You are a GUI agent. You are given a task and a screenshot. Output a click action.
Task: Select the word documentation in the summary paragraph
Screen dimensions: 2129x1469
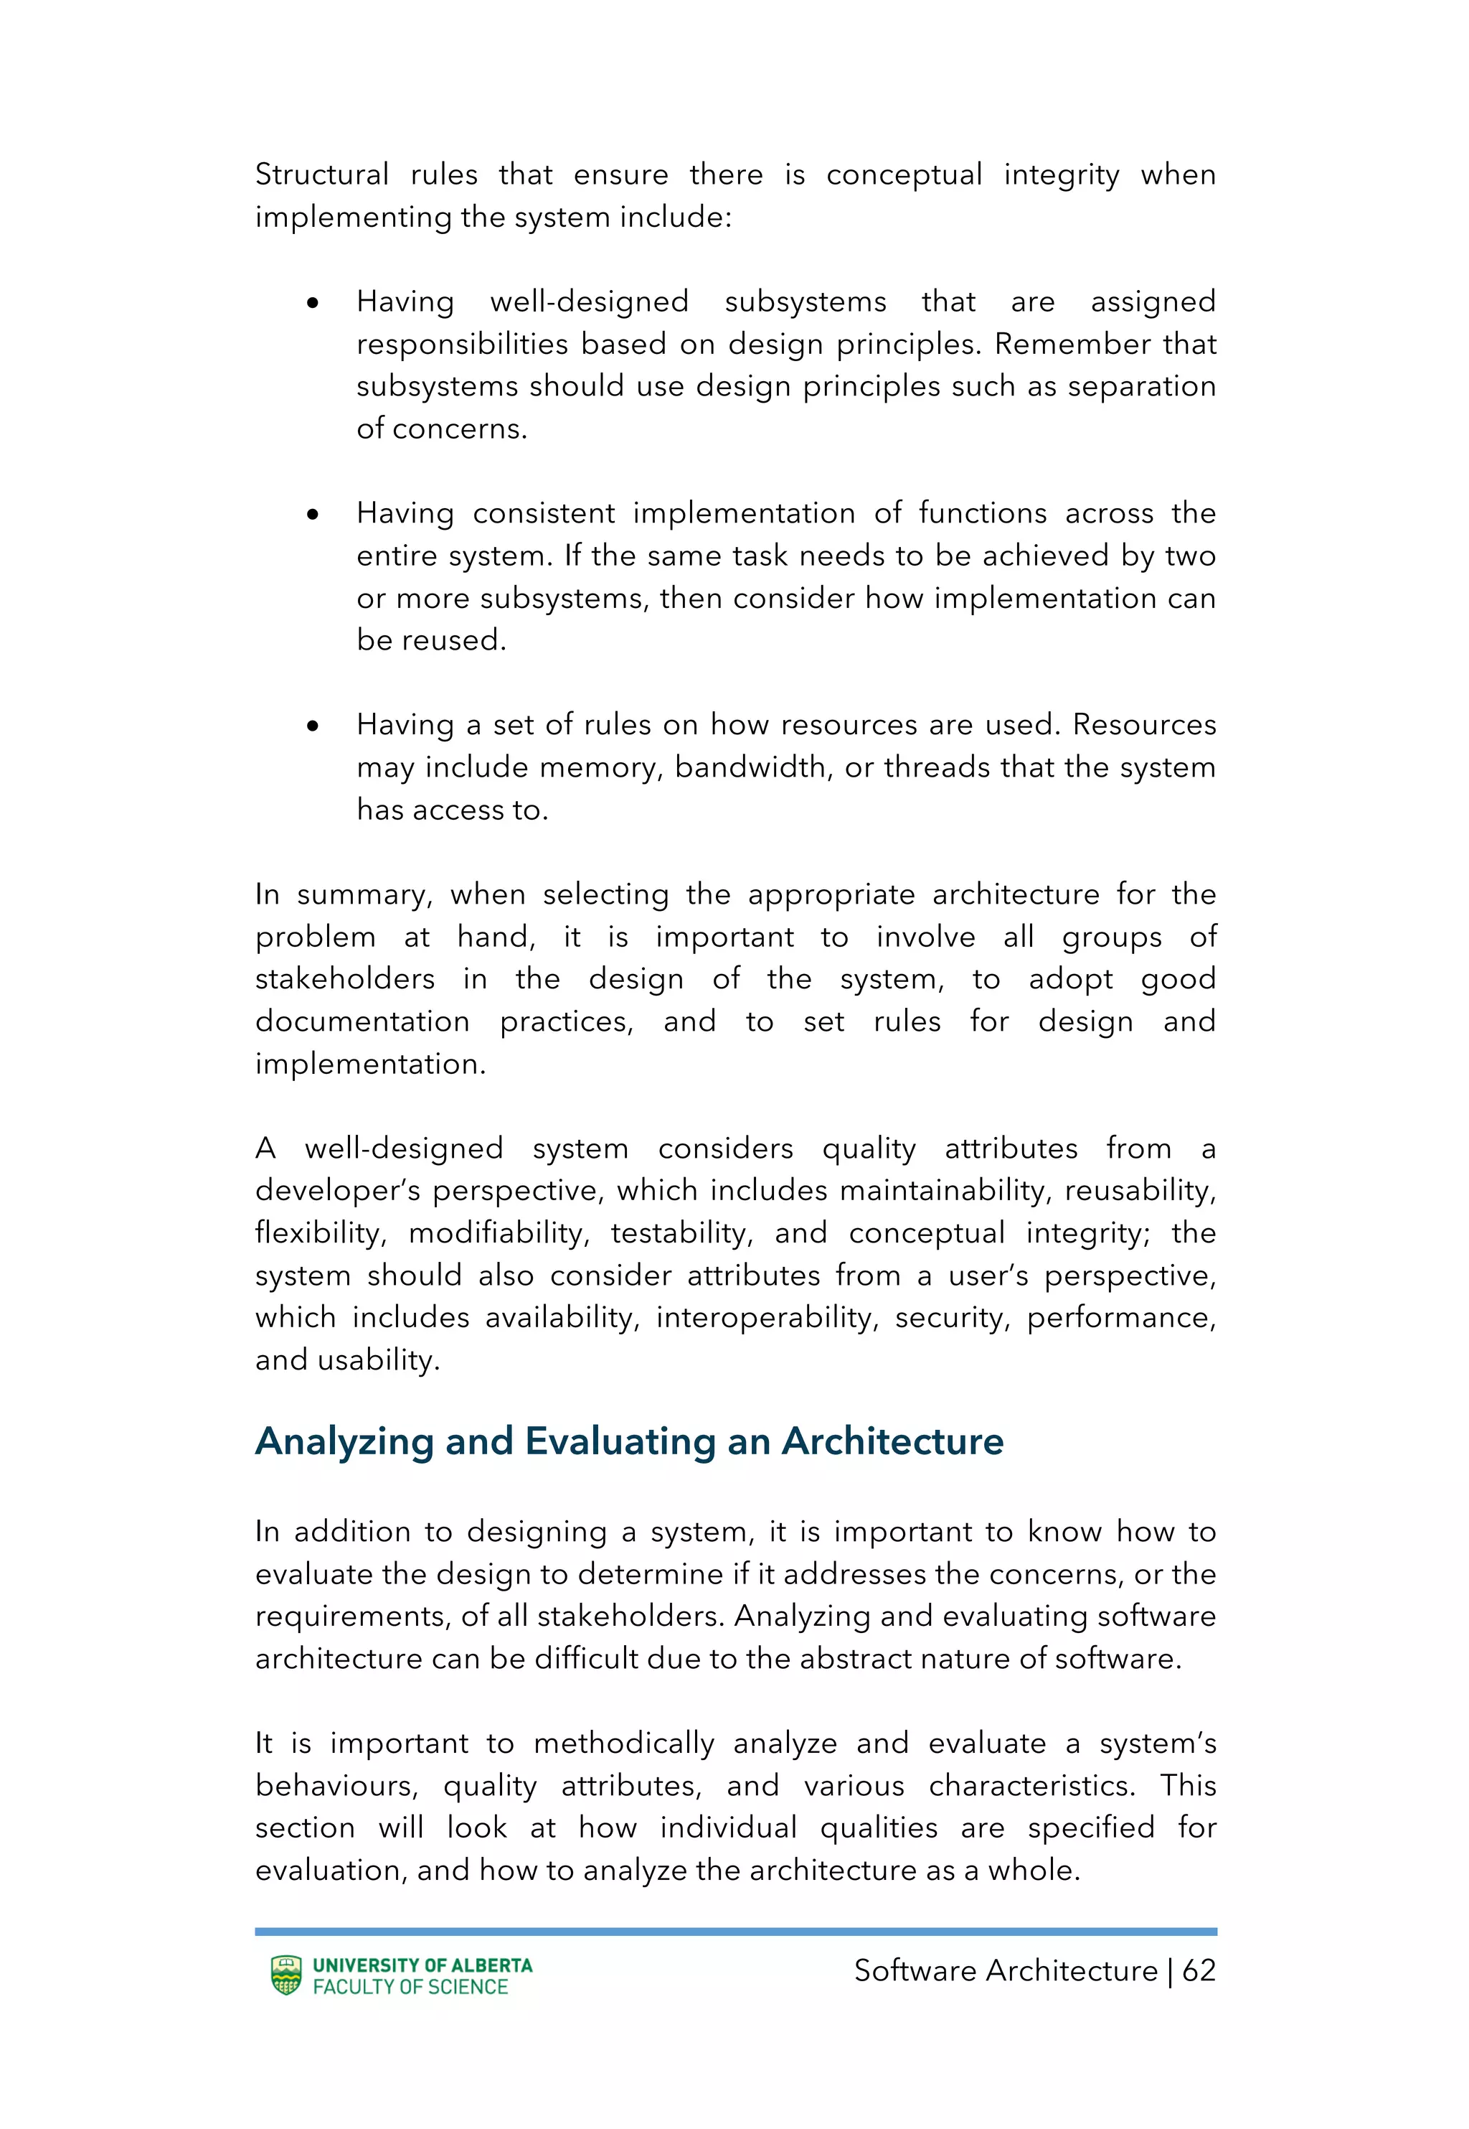point(362,1021)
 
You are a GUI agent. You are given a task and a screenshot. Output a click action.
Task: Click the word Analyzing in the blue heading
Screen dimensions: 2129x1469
point(344,1441)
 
